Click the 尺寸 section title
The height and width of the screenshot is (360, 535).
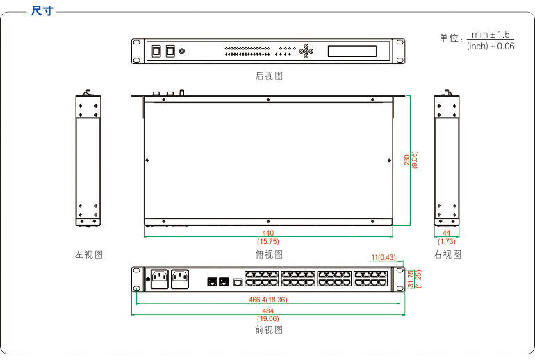click(x=42, y=11)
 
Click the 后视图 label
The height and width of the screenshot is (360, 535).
click(x=269, y=76)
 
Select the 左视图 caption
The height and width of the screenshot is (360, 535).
click(x=89, y=254)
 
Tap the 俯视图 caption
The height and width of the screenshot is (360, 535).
click(x=269, y=254)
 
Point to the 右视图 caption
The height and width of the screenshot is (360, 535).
click(x=447, y=254)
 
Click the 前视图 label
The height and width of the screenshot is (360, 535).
click(x=269, y=329)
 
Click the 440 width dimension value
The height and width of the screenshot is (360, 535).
click(x=268, y=233)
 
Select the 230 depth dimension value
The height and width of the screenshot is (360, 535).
click(x=407, y=160)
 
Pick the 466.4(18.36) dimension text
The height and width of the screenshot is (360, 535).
click(x=268, y=300)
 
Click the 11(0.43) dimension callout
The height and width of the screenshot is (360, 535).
click(x=383, y=257)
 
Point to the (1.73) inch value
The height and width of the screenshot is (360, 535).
click(x=447, y=241)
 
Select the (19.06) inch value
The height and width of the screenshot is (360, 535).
click(x=268, y=318)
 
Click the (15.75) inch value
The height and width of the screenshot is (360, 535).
click(x=268, y=241)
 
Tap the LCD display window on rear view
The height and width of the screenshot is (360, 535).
click(x=352, y=51)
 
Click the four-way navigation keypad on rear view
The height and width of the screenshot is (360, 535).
click(x=306, y=51)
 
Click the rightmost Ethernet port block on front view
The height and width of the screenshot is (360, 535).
click(x=370, y=279)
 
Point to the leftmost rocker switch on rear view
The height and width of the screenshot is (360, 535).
click(x=157, y=51)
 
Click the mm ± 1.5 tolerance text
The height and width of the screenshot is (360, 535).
click(x=491, y=34)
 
